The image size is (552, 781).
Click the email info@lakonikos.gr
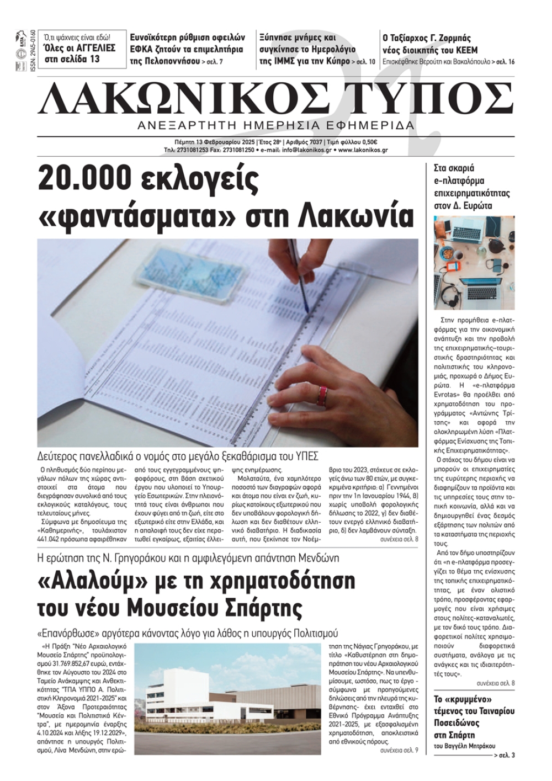click(305, 150)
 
